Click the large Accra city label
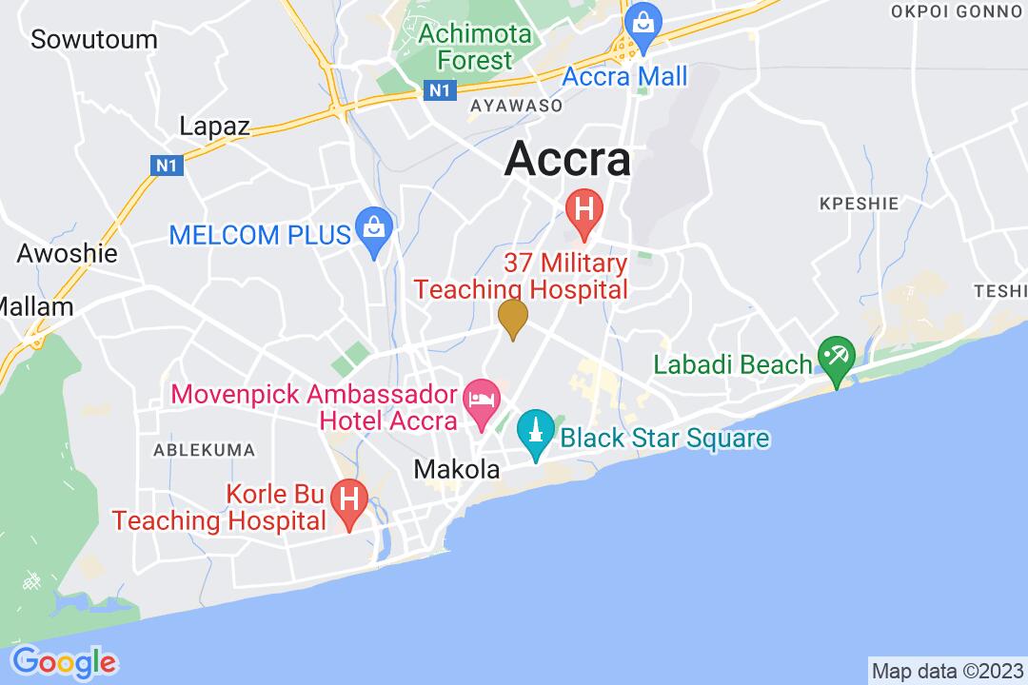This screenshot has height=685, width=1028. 567,159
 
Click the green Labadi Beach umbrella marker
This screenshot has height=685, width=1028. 838,360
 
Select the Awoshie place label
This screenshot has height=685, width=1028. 68,253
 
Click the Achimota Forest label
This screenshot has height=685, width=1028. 465,46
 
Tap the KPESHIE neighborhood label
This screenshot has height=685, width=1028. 845,203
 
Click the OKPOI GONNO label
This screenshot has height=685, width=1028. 958,11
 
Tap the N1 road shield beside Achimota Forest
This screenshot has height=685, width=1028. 437,89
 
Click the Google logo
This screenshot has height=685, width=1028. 64,661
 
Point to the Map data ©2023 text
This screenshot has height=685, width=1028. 947,670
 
